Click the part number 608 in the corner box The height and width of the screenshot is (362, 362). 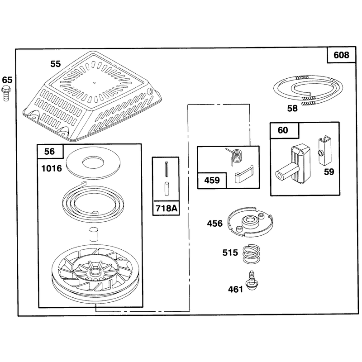pos(341,55)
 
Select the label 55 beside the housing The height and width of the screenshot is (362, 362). pos(56,64)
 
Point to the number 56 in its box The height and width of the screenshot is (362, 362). pos(50,152)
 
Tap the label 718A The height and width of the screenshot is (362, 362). pos(166,208)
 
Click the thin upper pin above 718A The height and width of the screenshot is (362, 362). pos(167,169)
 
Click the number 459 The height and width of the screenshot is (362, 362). pos(212,180)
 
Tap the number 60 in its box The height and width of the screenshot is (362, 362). pos(283,130)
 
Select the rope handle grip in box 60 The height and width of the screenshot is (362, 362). pos(293,165)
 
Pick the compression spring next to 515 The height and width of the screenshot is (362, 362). pos(251,253)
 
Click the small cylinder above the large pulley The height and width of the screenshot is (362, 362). pos(94,234)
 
